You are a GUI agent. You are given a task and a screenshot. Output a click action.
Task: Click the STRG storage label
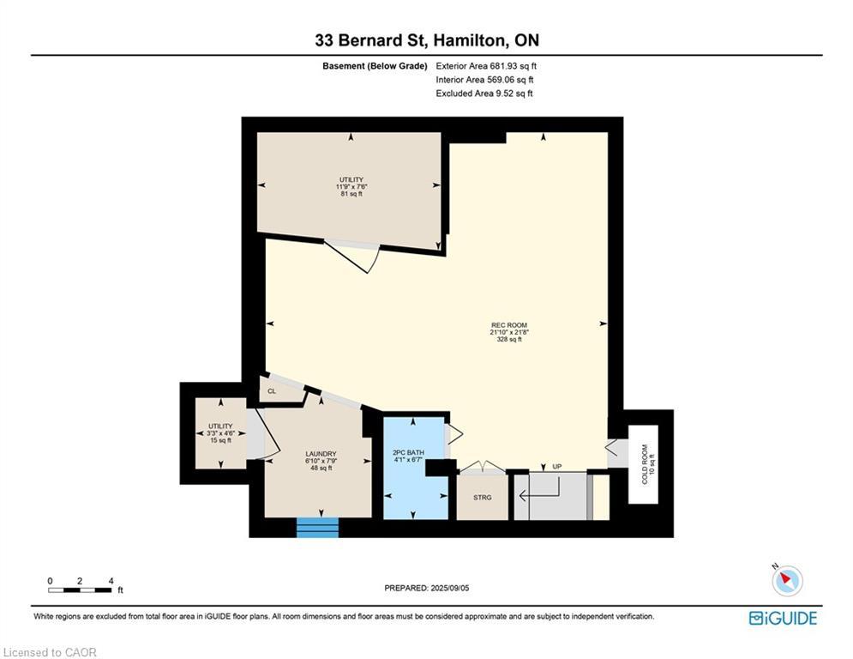(x=483, y=497)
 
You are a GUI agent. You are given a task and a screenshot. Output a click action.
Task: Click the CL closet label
(x=272, y=391)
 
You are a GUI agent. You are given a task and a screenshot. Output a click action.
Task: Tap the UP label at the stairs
(x=556, y=467)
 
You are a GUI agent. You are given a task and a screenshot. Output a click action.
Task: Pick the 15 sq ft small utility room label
(x=220, y=433)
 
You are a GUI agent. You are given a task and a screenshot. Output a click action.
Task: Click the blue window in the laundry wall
(x=318, y=528)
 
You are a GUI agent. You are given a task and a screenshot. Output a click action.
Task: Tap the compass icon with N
(x=786, y=581)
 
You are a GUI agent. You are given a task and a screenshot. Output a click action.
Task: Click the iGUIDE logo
(x=783, y=618)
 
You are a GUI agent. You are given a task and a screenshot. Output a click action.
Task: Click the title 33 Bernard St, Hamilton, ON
(x=426, y=40)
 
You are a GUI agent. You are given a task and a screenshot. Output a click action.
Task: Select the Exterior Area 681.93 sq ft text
(x=486, y=66)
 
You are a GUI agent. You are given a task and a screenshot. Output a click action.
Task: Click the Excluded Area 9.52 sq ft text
(x=484, y=94)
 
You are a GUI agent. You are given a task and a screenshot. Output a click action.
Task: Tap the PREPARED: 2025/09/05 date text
(x=427, y=588)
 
